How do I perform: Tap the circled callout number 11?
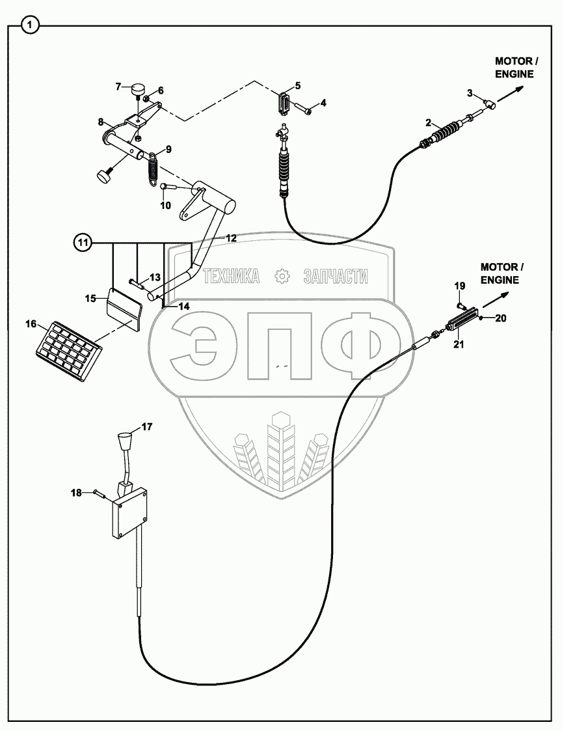point(82,243)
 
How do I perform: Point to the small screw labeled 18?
point(100,494)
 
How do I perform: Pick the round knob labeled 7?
point(139,89)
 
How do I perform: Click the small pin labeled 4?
point(305,109)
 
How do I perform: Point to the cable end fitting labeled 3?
point(488,102)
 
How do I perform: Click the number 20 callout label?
point(500,318)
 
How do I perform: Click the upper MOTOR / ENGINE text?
point(516,68)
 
